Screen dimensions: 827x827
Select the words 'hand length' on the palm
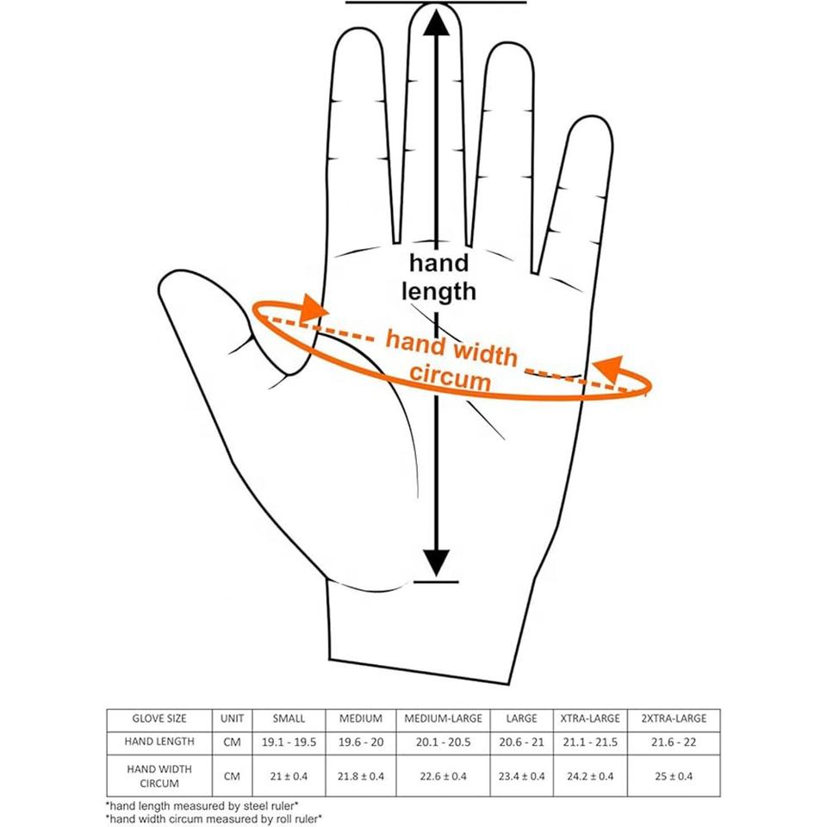(x=439, y=277)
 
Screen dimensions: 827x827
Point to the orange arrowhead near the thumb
(x=314, y=308)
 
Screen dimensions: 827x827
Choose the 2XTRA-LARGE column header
(x=674, y=718)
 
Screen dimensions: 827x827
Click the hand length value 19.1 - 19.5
(x=289, y=741)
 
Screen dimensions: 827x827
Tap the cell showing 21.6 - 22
(x=674, y=741)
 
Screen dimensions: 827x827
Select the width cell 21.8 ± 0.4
(x=361, y=776)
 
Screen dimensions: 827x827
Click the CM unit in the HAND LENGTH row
(x=232, y=741)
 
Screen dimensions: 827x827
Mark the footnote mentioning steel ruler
(x=202, y=807)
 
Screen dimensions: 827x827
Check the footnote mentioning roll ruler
(x=214, y=819)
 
